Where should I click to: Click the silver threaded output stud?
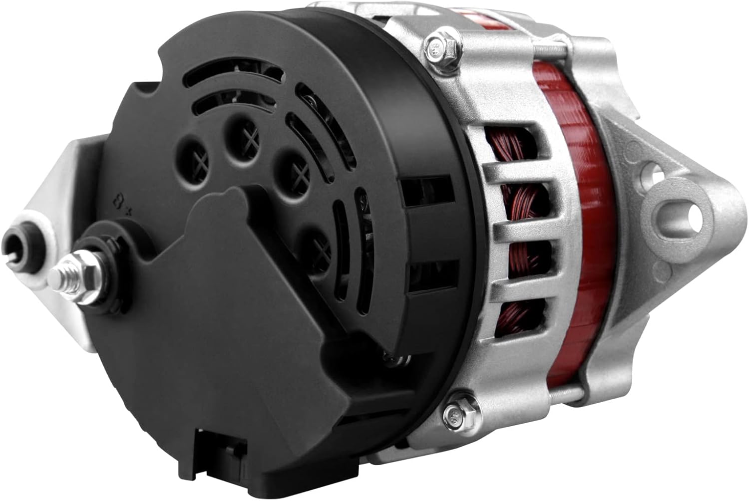coord(62,272)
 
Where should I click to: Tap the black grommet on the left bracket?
coord(18,244)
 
